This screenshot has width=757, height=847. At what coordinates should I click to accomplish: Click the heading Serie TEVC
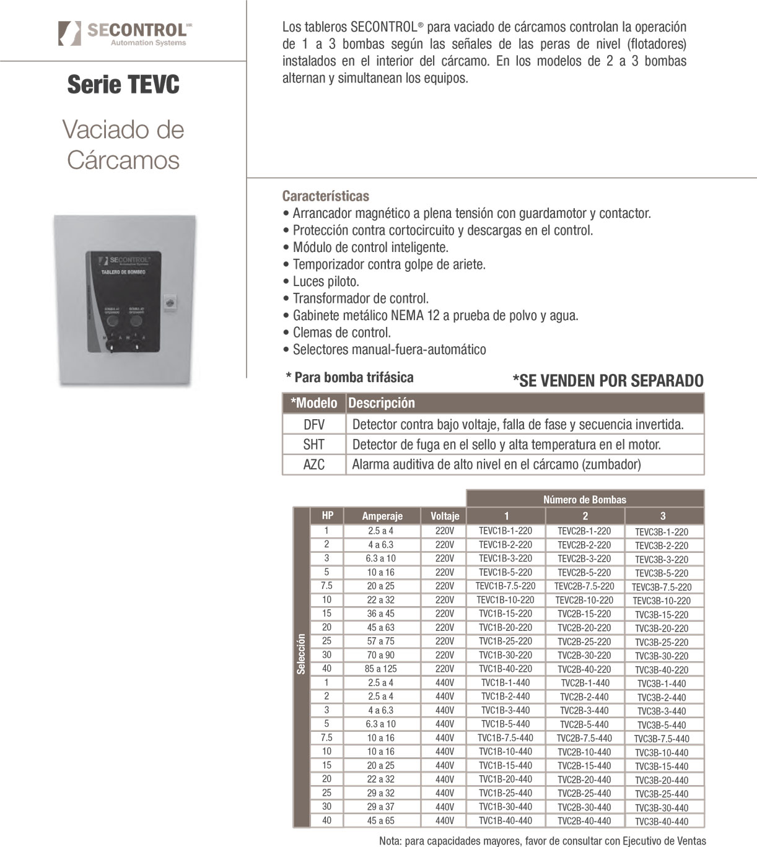coord(123,84)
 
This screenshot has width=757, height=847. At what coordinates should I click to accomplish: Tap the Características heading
coord(325,196)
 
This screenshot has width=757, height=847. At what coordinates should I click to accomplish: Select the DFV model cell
coord(314,424)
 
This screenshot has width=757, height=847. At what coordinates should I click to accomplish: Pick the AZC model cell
coord(314,464)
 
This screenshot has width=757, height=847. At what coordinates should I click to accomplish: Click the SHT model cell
coord(314,445)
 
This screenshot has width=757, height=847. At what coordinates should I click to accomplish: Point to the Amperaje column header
coord(382,516)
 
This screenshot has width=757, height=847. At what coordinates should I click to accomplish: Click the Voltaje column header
coord(445,516)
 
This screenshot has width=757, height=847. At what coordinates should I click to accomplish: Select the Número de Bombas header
coord(585,500)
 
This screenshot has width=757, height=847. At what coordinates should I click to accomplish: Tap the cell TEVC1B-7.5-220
coord(505,586)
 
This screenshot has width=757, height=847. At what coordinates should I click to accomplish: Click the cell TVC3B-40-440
coord(662,822)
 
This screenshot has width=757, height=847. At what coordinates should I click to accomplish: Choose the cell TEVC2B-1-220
coord(584,531)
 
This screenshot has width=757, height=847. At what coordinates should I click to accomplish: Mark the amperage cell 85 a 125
coord(381,669)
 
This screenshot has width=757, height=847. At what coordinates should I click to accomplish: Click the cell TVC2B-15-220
coord(584,614)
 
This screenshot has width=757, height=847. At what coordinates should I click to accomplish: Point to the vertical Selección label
coord(301,654)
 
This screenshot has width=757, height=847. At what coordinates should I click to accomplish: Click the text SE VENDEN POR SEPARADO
coord(608,381)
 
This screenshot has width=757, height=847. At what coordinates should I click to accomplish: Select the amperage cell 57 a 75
coord(381,641)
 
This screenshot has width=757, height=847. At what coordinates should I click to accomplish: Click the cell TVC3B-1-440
coord(662,684)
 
